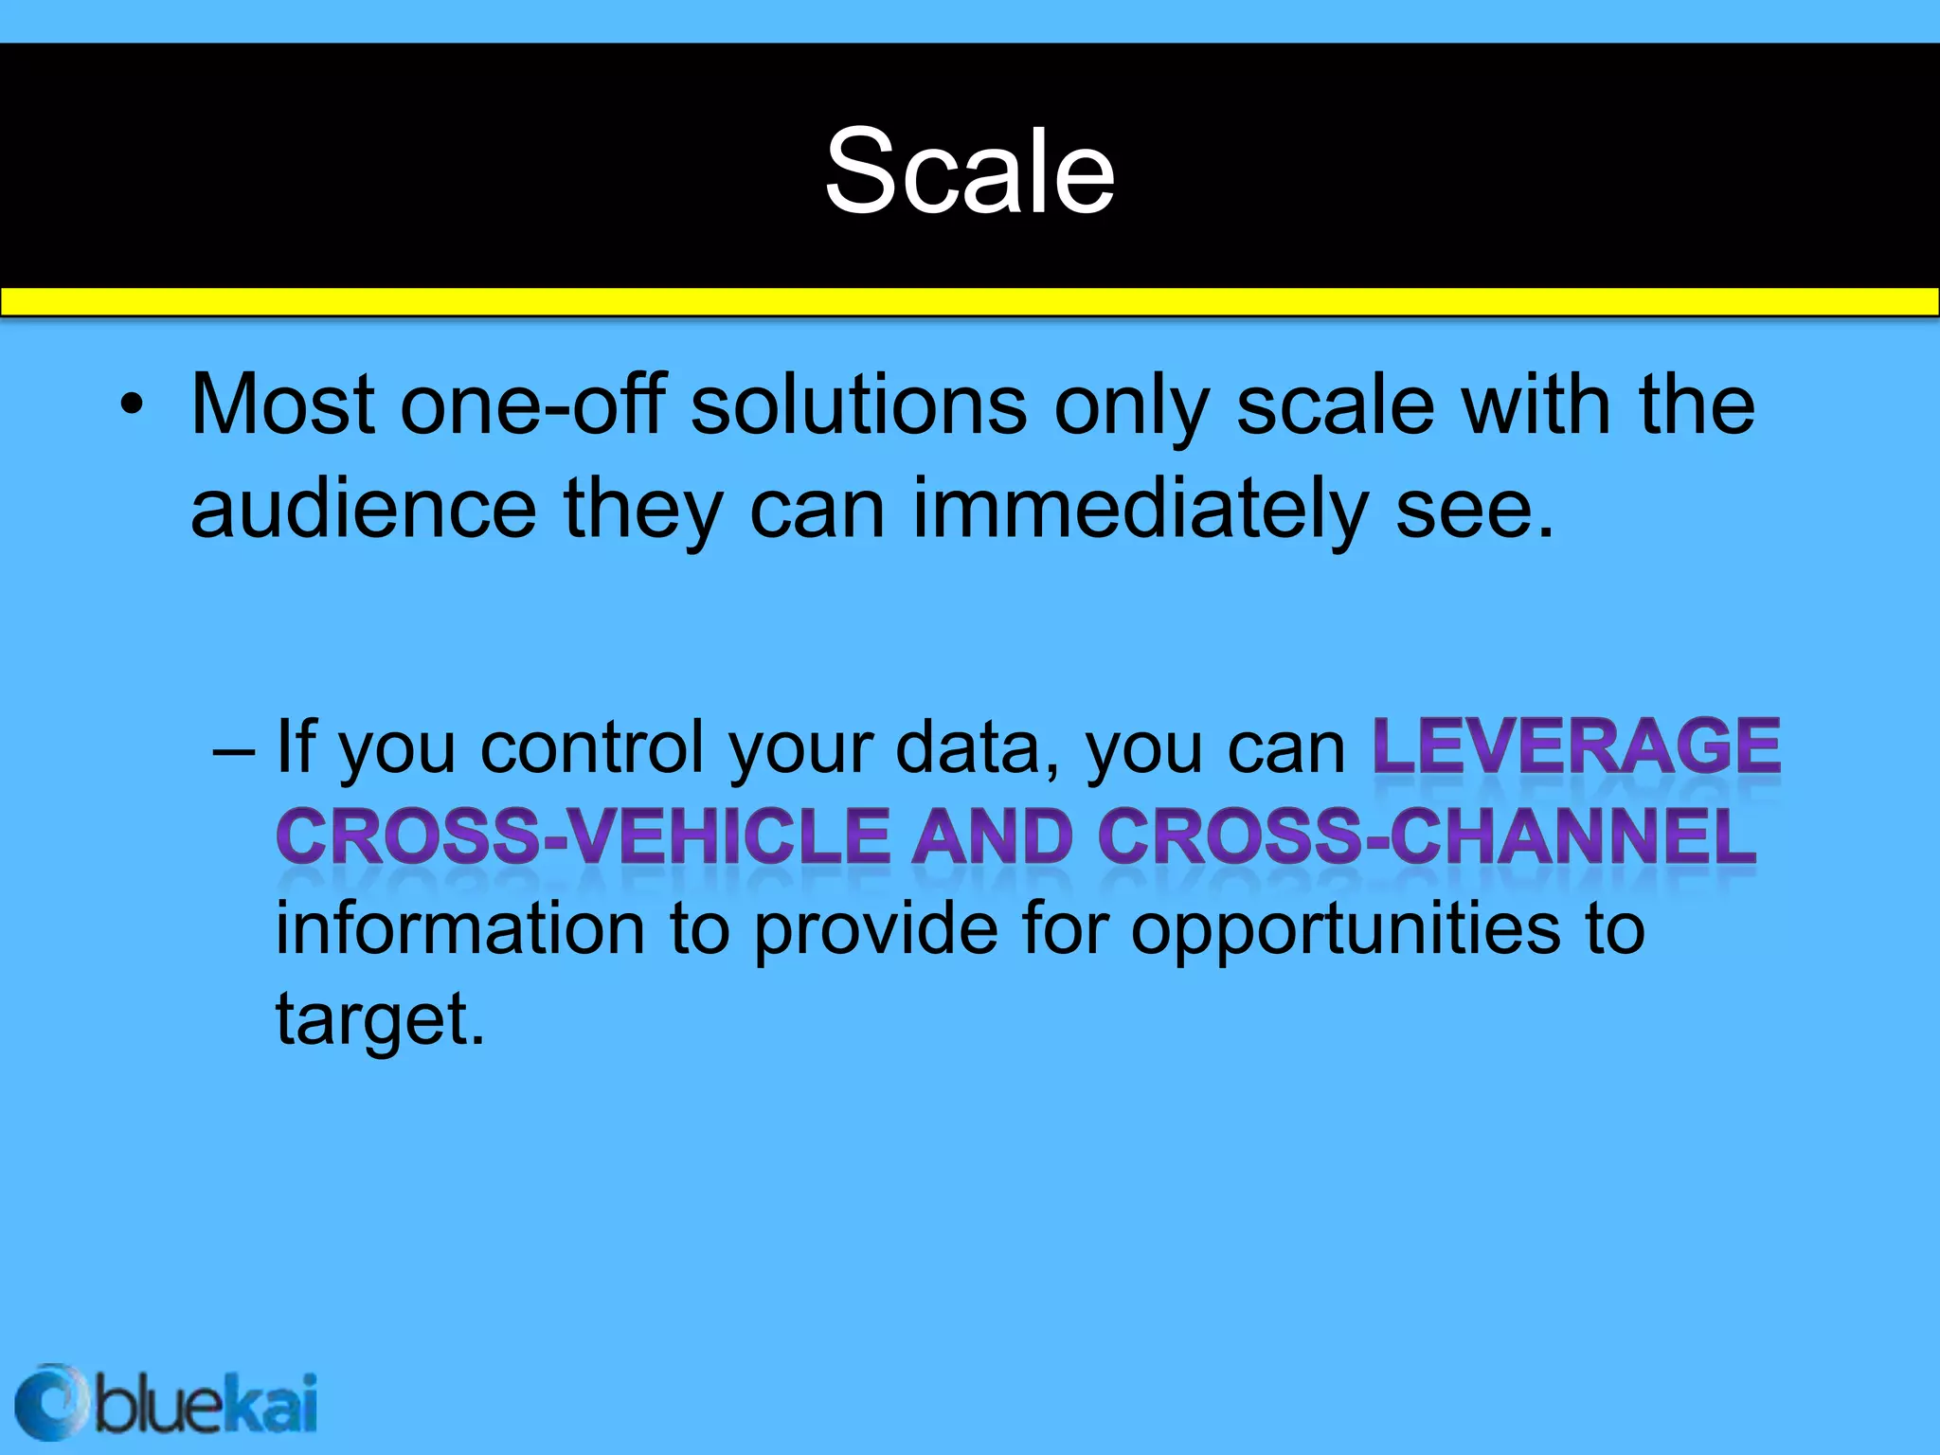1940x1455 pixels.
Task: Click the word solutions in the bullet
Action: click(858, 405)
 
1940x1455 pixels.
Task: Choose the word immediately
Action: click(1140, 509)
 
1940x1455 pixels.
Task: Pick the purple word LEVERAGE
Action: click(1576, 746)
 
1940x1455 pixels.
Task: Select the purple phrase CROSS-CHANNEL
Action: click(1428, 836)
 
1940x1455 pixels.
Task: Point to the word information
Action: click(460, 927)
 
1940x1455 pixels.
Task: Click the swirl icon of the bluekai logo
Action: click(49, 1403)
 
